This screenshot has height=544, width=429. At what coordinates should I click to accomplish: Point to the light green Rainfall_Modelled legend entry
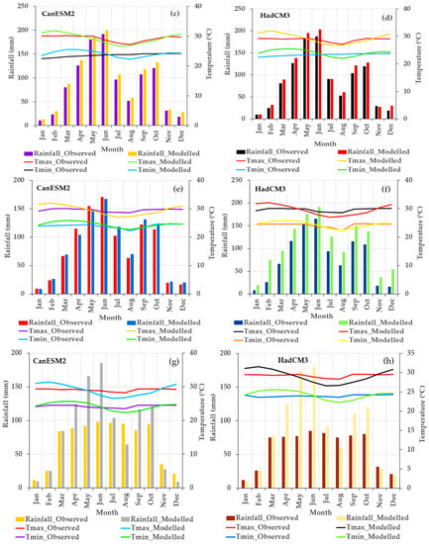tap(358, 323)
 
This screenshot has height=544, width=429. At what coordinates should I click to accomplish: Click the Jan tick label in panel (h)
tap(244, 496)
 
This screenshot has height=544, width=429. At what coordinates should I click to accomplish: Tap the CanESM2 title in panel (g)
tap(54, 360)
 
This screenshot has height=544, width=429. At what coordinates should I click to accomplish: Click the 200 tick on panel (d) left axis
tap(227, 31)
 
